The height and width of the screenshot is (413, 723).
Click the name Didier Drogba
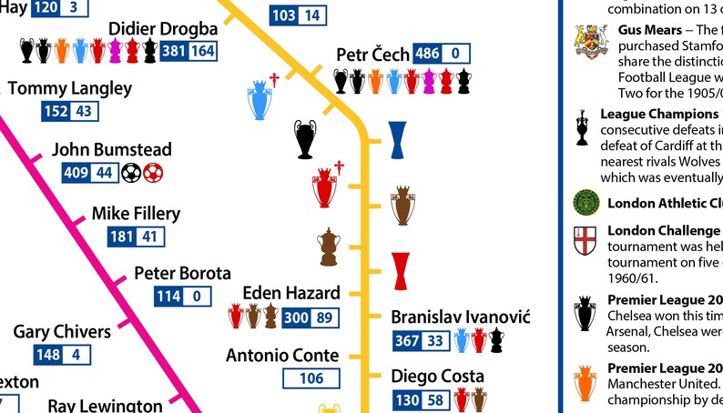(163, 28)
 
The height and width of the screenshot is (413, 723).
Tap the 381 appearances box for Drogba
(173, 51)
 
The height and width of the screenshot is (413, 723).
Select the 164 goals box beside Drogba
(202, 51)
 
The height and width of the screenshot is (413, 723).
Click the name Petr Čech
(372, 55)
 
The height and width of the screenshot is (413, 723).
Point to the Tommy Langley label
(69, 88)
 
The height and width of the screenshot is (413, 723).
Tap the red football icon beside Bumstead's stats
(153, 171)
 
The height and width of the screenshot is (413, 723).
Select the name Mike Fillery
(136, 214)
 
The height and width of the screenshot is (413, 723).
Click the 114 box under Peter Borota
(168, 297)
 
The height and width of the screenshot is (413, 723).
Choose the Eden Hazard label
(291, 293)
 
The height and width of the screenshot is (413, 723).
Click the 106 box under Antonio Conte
(311, 378)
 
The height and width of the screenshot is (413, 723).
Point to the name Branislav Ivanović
(460, 317)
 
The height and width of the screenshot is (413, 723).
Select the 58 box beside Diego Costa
(435, 400)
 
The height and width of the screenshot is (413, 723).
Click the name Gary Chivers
(62, 331)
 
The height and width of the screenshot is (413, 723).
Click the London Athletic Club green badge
(585, 202)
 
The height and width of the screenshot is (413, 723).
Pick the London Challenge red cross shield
(585, 241)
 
